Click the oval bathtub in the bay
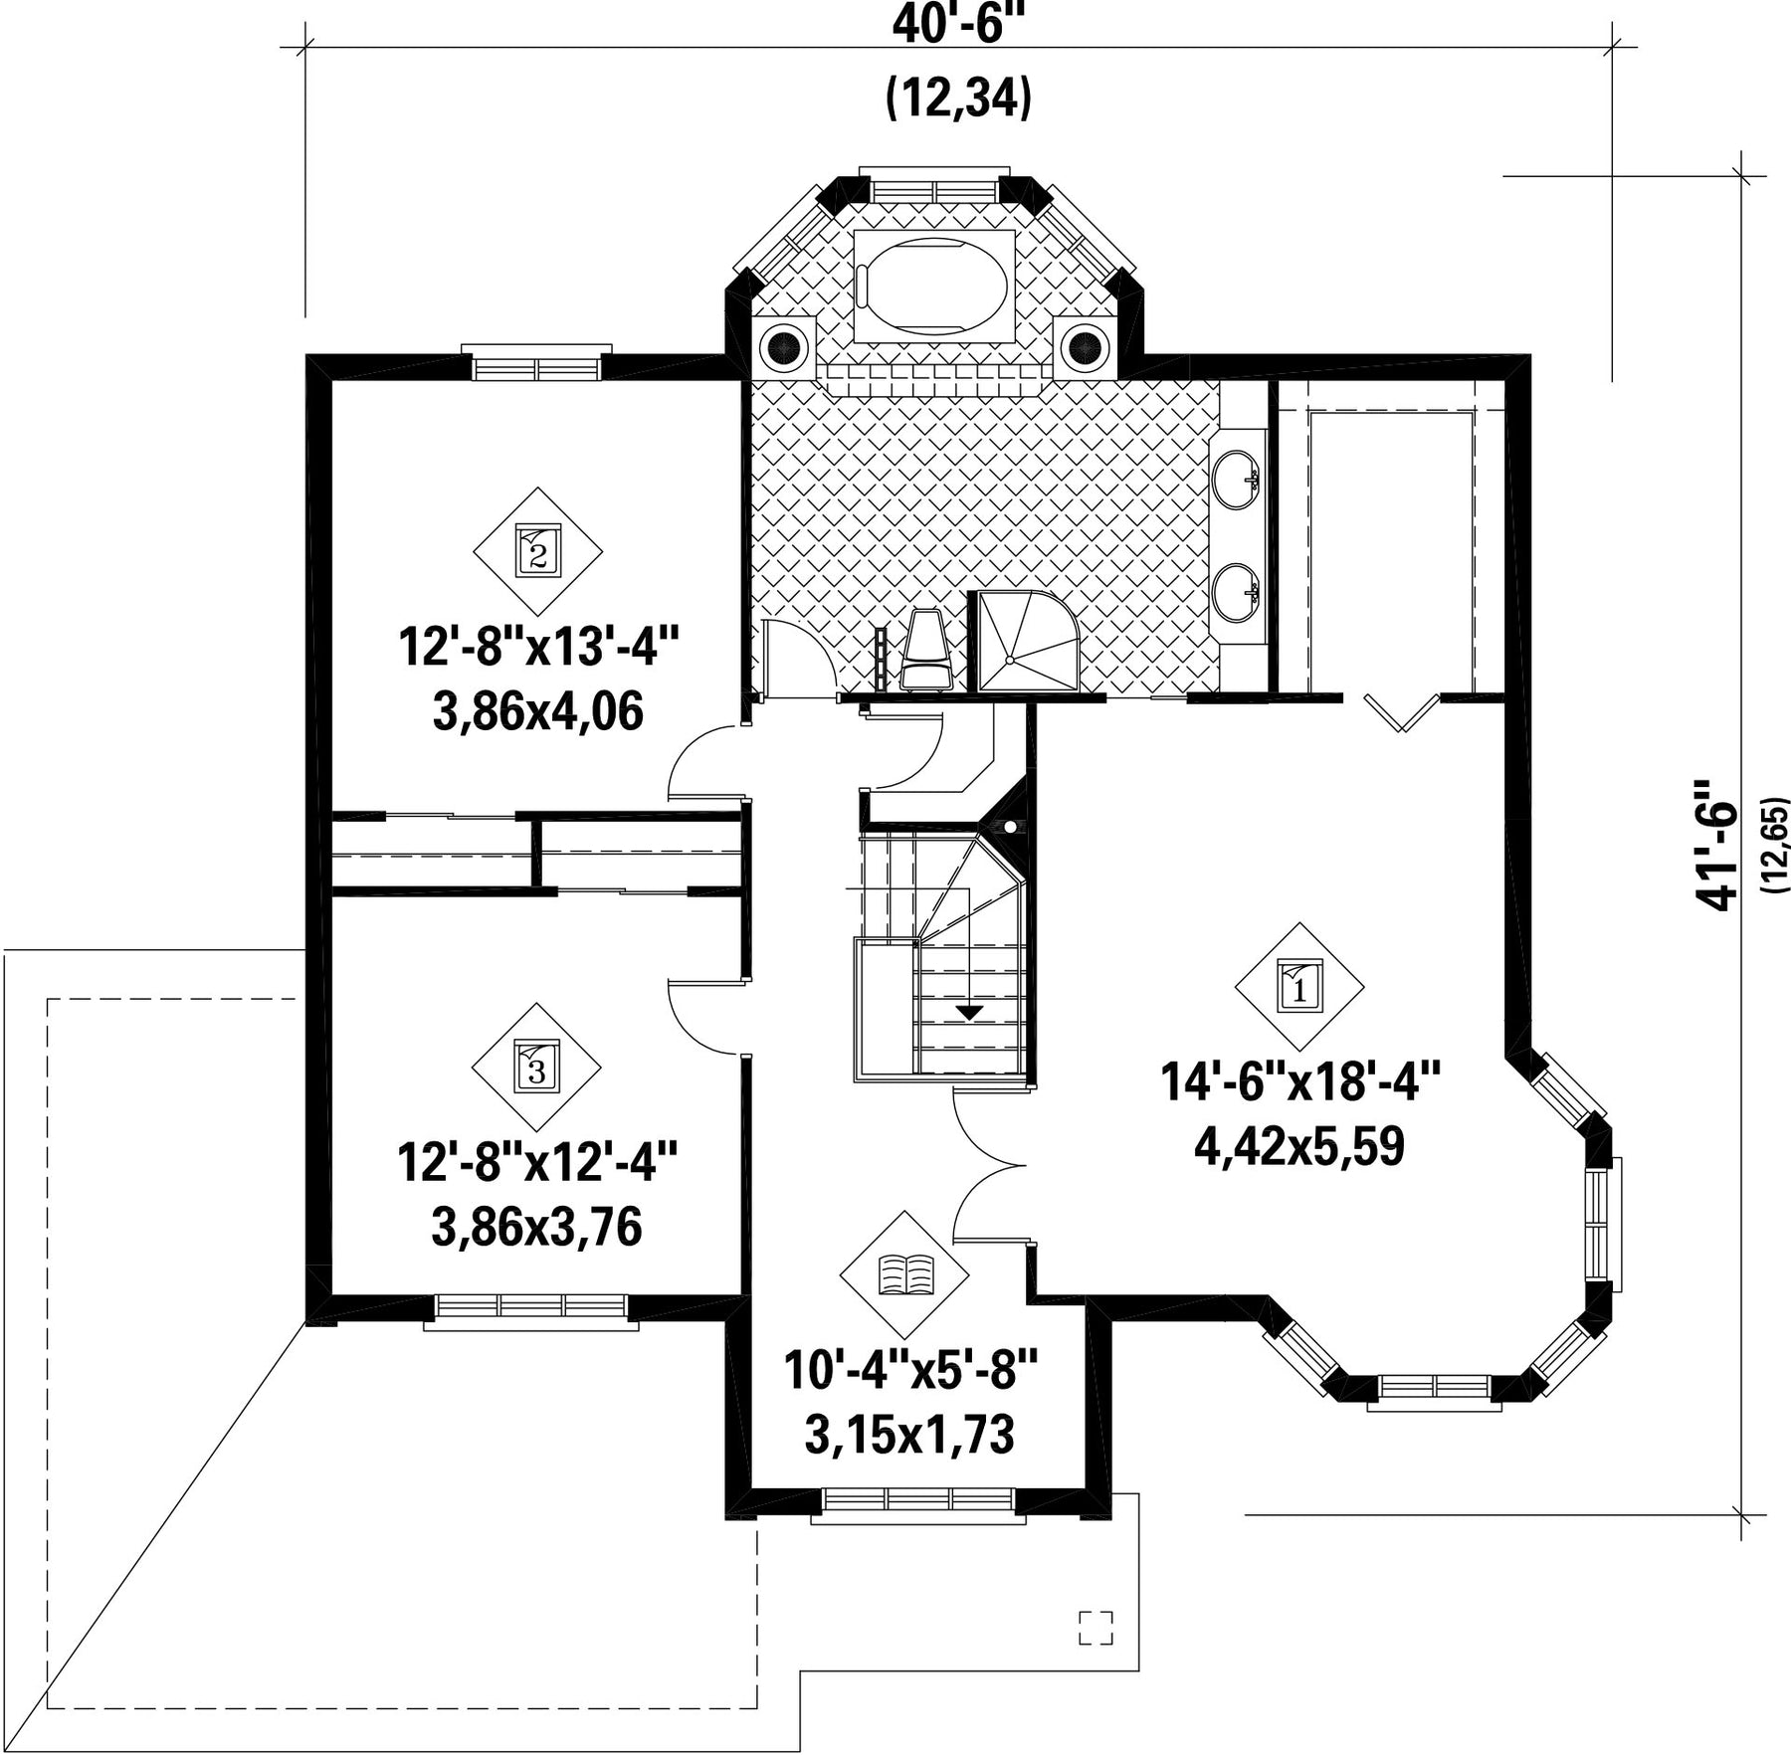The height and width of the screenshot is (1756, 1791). (x=934, y=287)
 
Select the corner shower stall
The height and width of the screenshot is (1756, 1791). (x=1028, y=642)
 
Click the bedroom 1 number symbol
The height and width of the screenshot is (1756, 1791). (x=1299, y=986)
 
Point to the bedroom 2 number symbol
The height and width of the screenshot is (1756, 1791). (x=537, y=550)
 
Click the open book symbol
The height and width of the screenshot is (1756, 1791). (x=905, y=1274)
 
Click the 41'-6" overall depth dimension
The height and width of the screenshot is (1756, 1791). (x=1718, y=844)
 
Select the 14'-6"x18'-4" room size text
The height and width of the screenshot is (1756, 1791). (x=1300, y=1080)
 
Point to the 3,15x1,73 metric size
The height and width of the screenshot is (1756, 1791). (x=909, y=1435)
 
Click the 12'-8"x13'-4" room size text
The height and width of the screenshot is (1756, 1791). (x=538, y=647)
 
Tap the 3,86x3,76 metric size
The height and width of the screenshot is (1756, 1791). (x=537, y=1227)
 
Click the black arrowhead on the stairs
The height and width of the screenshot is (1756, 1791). (x=969, y=1012)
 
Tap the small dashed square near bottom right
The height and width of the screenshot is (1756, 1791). (x=1095, y=1627)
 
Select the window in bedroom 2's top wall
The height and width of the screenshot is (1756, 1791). (x=537, y=364)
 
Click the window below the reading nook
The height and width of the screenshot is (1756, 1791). (x=917, y=1505)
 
